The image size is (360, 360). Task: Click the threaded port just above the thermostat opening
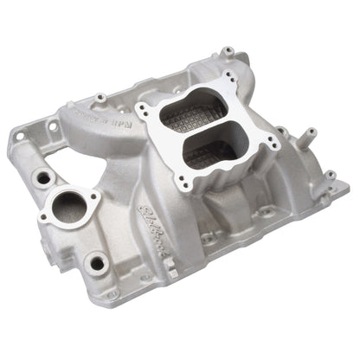[x=40, y=179]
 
